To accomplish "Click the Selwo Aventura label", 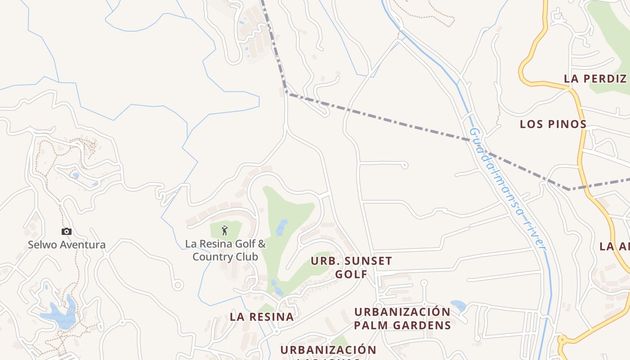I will click(67, 245).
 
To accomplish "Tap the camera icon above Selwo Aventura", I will click(67, 231).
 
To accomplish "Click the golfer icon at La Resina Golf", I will click(225, 231).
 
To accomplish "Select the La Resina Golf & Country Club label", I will click(225, 250).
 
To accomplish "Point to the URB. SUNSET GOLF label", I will click(351, 267).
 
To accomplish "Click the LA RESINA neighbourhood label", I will click(261, 316).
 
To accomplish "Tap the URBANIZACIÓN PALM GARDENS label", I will click(402, 318).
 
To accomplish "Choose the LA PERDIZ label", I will click(595, 78).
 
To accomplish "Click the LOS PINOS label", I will click(553, 124).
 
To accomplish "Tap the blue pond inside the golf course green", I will click(281, 227).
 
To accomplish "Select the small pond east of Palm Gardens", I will click(459, 306).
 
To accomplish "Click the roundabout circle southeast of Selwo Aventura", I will click(178, 285).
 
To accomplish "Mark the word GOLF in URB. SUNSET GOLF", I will click(351, 274).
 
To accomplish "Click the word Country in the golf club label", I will click(225, 256).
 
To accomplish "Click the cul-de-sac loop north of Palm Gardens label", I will click(424, 283).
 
